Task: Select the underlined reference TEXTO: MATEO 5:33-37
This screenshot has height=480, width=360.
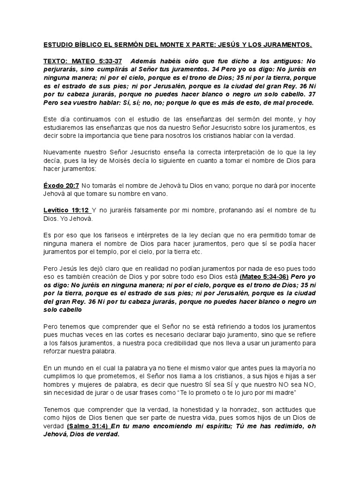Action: pyautogui.click(x=82, y=61)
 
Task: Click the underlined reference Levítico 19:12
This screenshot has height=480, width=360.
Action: pyautogui.click(x=65, y=210)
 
